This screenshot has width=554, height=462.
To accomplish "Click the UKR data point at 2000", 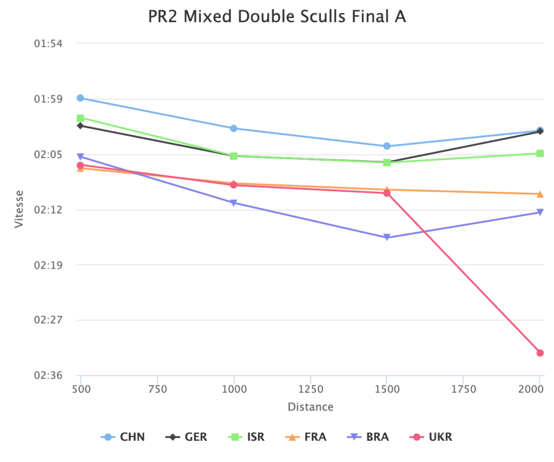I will [x=540, y=353].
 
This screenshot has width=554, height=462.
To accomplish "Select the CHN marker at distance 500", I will [x=81, y=98].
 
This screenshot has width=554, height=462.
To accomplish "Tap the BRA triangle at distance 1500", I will [x=387, y=237].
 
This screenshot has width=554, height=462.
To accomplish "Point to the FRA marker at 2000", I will [x=540, y=194].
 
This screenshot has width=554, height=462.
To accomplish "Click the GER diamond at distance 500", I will [x=81, y=126].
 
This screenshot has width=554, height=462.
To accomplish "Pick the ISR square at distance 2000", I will [x=540, y=153].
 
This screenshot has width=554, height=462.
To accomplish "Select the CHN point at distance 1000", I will [x=234, y=128].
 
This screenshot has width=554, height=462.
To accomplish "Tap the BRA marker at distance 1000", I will [x=234, y=203].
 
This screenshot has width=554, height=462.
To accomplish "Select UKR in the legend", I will [x=432, y=437].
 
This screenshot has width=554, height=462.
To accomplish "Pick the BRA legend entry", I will [x=369, y=437].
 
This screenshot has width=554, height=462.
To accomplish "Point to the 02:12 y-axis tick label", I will [x=48, y=210].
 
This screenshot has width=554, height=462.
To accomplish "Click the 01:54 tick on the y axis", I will [x=48, y=43].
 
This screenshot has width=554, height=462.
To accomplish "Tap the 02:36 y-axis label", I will [x=48, y=375].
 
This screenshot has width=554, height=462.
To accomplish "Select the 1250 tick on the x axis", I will [x=310, y=389].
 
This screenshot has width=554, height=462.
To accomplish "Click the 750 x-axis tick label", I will [x=157, y=389].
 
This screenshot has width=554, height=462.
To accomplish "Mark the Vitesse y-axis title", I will [x=19, y=209].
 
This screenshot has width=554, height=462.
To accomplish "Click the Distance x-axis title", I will [x=310, y=407].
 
